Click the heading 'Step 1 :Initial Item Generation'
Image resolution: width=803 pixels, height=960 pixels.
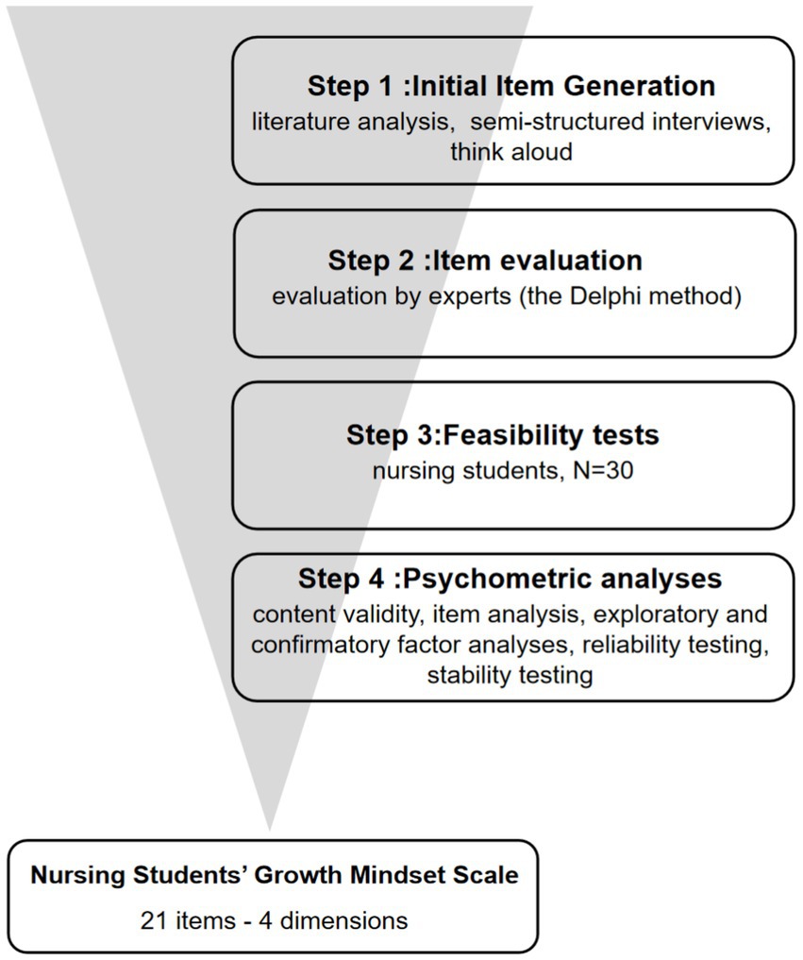pyautogui.click(x=510, y=87)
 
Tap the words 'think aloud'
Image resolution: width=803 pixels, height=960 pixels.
pyautogui.click(x=510, y=151)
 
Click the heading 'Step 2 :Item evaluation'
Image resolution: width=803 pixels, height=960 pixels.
pyautogui.click(x=485, y=261)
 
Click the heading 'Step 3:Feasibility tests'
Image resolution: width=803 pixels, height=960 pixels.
pyautogui.click(x=502, y=435)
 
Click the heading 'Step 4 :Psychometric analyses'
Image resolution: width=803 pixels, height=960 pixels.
pyautogui.click(x=510, y=578)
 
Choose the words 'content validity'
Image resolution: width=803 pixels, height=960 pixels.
pyautogui.click(x=336, y=614)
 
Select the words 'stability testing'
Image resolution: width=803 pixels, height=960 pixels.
pyautogui.click(x=510, y=676)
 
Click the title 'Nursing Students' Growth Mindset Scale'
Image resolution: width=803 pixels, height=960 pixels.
pyautogui.click(x=275, y=875)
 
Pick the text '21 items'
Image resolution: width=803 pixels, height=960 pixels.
pyautogui.click(x=185, y=919)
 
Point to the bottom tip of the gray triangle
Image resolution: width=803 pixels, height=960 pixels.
pyautogui.click(x=271, y=829)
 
